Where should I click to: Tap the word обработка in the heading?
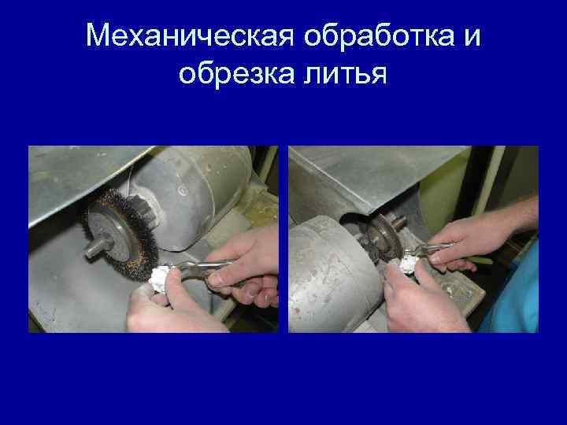pyautogui.click(x=379, y=35)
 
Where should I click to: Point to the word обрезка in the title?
pyautogui.click(x=237, y=73)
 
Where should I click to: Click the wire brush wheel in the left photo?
pyautogui.click(x=121, y=235)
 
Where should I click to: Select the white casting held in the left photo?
pyautogui.click(x=158, y=279)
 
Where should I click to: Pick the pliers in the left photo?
pyautogui.click(x=202, y=269)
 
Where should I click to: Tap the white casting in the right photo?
pyautogui.click(x=408, y=263)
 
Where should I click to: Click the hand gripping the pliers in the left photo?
pyautogui.click(x=246, y=266)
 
